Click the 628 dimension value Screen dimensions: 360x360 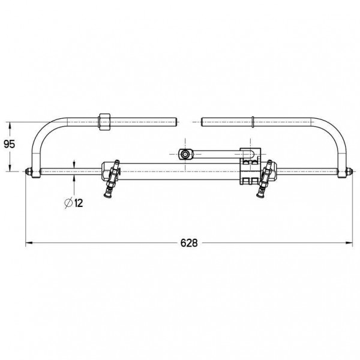click(x=189, y=242)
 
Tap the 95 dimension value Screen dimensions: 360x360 click(x=10, y=144)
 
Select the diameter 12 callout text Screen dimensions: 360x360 click(x=74, y=203)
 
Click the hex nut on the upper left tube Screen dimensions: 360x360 click(x=104, y=122)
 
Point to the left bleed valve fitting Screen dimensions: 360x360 click(x=112, y=179)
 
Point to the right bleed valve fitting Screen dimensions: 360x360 click(x=265, y=179)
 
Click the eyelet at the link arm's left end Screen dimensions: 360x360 click(x=185, y=154)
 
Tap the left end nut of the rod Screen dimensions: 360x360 click(x=29, y=171)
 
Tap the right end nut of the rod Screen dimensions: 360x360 click(x=349, y=171)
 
